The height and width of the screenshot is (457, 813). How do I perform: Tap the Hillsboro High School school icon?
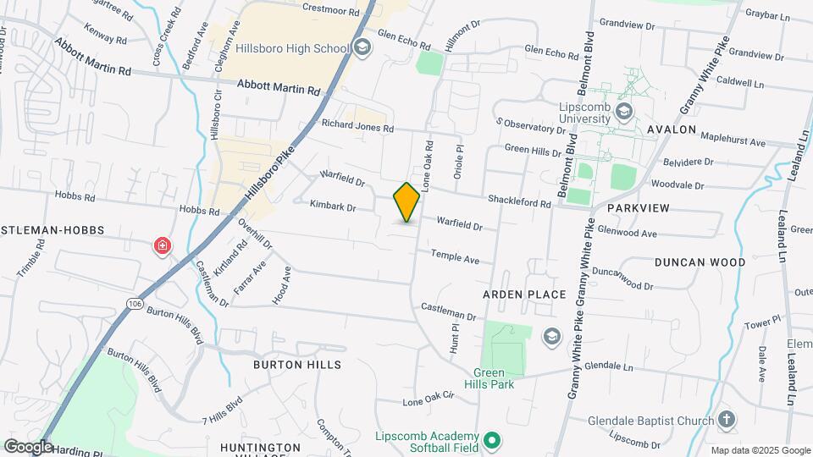click(x=363, y=46)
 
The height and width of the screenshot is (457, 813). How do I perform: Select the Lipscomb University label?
click(x=583, y=113)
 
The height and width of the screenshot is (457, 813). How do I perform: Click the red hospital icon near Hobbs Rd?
click(x=162, y=246)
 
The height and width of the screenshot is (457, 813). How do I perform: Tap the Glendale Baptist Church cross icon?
click(x=726, y=419)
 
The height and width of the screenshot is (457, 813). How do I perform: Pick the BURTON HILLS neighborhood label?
click(x=297, y=365)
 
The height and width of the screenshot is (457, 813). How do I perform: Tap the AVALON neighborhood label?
click(x=672, y=130)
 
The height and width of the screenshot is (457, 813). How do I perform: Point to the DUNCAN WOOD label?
click(x=700, y=262)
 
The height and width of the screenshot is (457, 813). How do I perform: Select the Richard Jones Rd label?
click(x=357, y=125)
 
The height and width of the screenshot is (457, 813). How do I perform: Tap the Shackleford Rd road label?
click(x=519, y=201)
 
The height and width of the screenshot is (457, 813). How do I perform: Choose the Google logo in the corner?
click(x=28, y=447)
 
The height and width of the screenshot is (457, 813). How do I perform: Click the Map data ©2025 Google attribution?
click(x=760, y=450)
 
